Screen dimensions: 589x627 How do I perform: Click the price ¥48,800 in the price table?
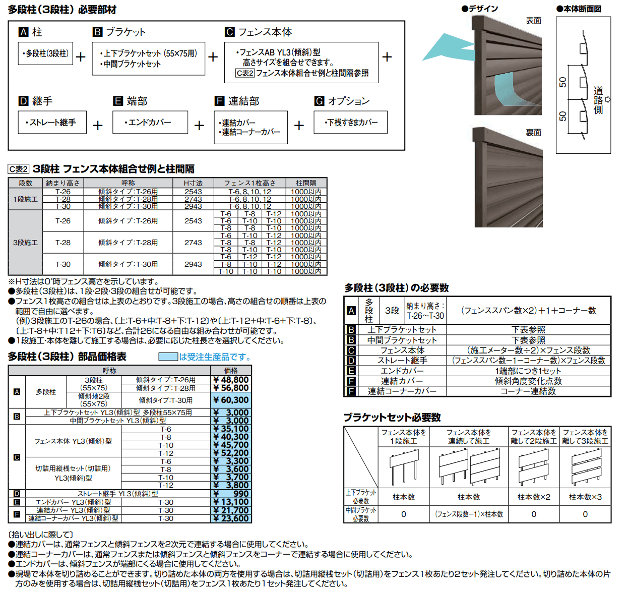[x=230, y=380]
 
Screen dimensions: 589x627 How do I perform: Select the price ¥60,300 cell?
[x=230, y=400]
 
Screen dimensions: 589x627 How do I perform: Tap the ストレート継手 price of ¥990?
[x=230, y=494]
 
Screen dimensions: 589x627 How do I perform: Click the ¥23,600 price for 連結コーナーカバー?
[x=230, y=518]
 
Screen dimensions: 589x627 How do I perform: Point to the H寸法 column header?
[x=193, y=183]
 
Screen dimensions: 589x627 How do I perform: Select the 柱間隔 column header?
[x=306, y=183]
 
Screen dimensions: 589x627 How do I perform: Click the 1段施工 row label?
[x=25, y=199]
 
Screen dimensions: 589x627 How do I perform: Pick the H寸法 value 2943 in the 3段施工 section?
[x=193, y=264]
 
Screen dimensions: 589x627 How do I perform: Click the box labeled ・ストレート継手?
[x=52, y=123]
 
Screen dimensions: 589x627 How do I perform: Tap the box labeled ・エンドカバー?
[x=150, y=123]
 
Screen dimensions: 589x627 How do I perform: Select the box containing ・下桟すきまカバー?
[x=350, y=123]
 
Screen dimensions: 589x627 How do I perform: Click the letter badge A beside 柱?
[x=23, y=32]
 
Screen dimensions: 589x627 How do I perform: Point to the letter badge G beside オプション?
[x=319, y=101]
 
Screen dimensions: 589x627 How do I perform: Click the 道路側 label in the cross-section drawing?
[x=598, y=100]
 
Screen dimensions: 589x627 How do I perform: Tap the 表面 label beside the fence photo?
[x=533, y=21]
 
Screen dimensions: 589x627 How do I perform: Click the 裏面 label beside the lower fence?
[x=533, y=132]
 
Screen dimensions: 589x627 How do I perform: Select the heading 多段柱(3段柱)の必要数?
[x=397, y=288]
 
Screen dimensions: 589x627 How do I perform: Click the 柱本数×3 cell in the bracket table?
[x=585, y=497]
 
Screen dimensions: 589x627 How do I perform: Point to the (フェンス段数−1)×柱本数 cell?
[x=469, y=514]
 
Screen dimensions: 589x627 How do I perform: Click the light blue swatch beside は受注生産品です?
[x=168, y=357]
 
